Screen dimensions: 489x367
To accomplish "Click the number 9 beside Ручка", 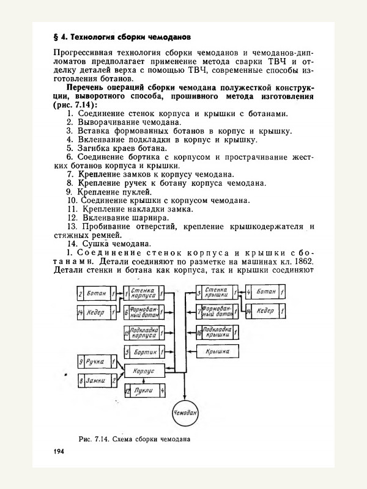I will pos(81,362).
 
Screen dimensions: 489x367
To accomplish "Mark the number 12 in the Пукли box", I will pos(127,390).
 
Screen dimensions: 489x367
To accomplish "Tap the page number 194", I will pos(59,451).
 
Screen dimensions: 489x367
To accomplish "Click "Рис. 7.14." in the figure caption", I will pos(94,438).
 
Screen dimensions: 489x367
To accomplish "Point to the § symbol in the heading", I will pos(56,35).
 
